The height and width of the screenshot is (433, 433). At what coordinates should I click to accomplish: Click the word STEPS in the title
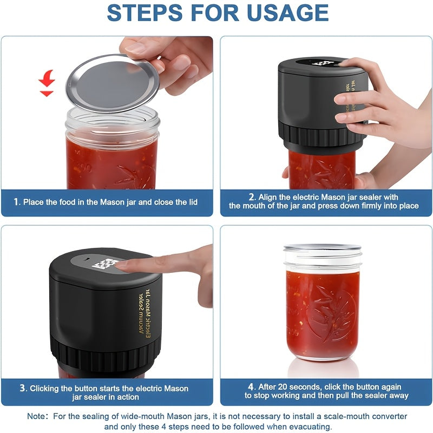153,13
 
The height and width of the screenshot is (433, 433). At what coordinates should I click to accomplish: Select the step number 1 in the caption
16,202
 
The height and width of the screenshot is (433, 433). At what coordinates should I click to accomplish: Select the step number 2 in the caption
252,197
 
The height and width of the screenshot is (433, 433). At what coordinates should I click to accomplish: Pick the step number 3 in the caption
23,388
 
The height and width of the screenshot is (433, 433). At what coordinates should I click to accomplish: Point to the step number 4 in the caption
251,386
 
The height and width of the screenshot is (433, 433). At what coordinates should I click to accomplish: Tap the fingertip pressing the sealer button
123,265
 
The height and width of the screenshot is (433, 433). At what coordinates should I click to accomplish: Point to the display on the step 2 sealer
323,63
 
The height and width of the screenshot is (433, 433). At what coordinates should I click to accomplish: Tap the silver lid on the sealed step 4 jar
322,248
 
